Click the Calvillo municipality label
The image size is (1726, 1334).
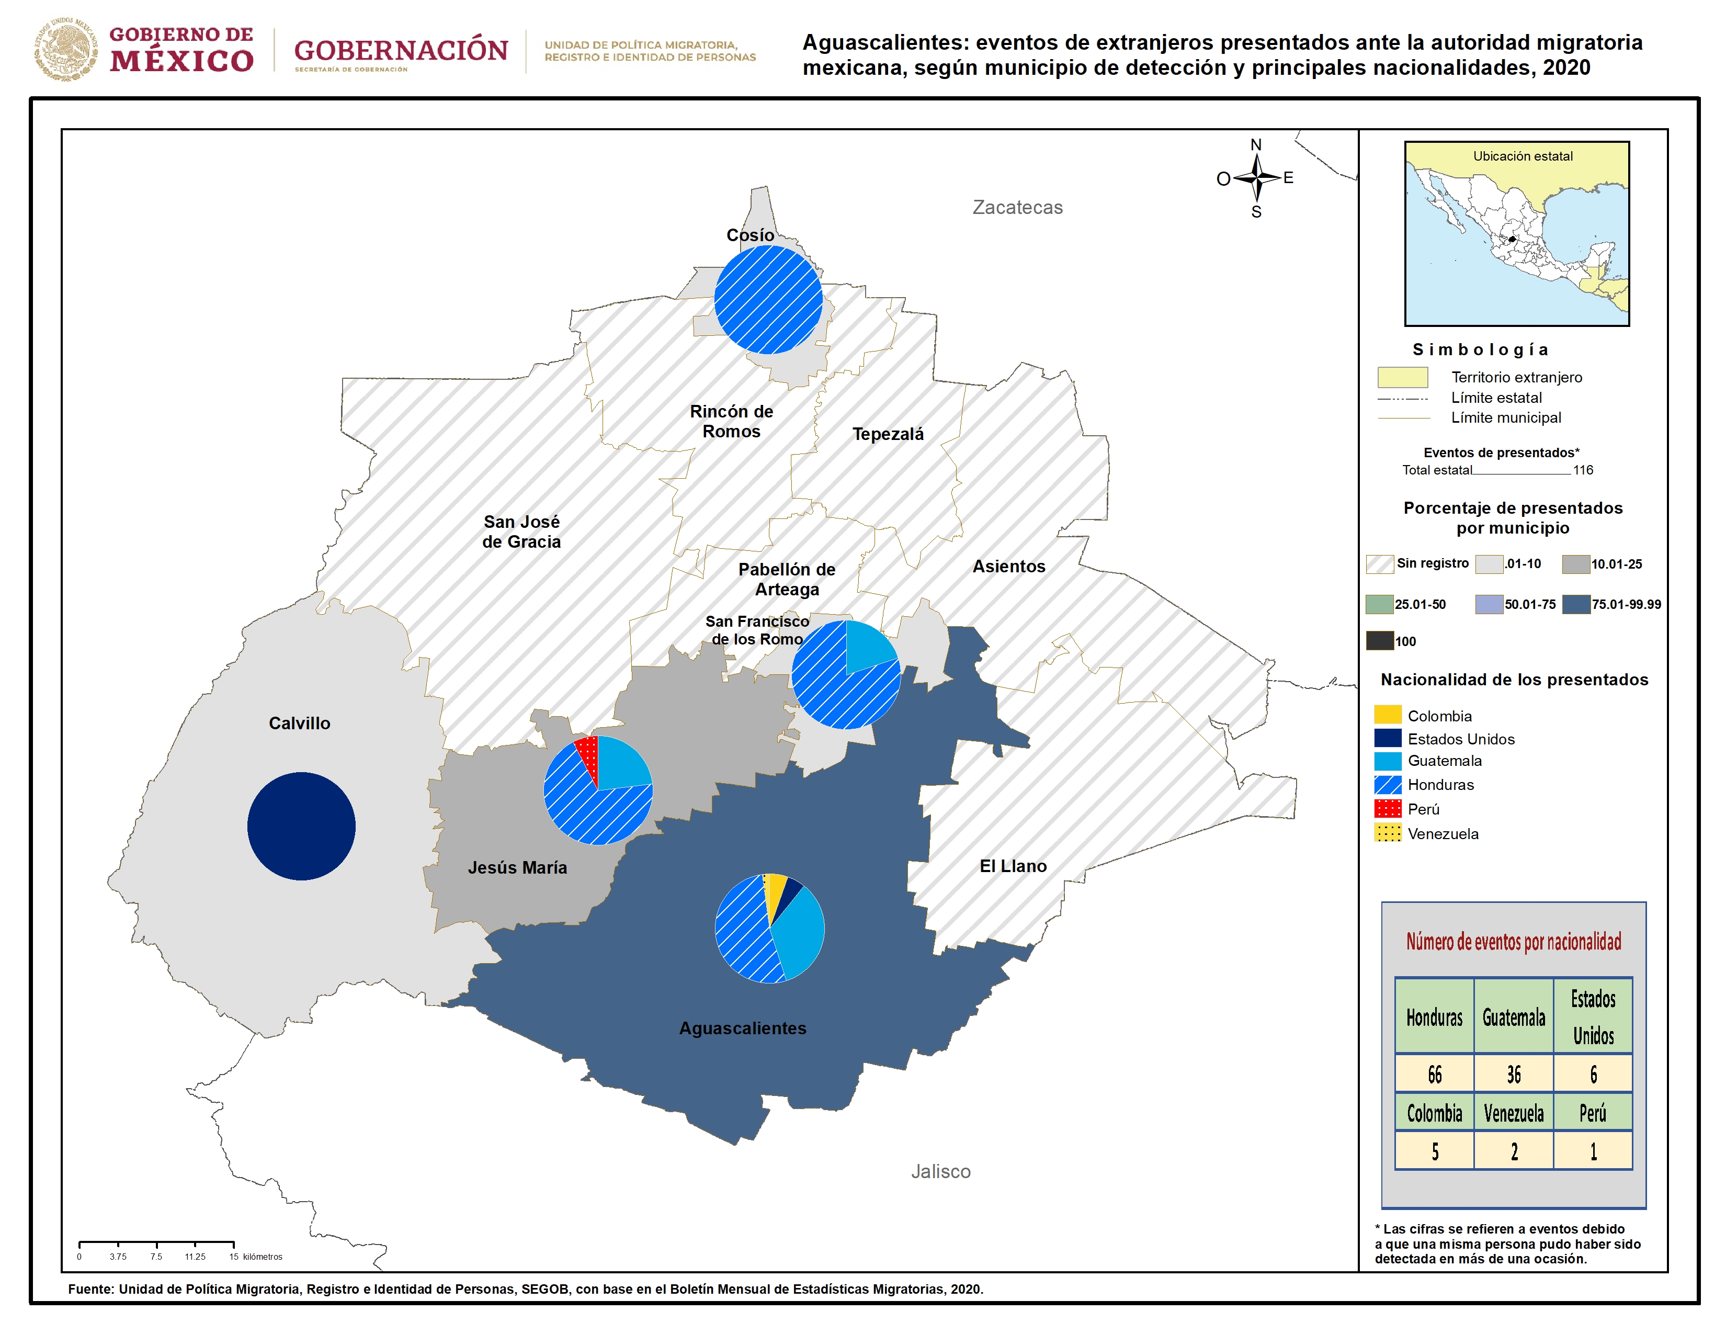300,723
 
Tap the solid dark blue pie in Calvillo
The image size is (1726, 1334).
301,826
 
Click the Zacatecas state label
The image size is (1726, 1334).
1017,207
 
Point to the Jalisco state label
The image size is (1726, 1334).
940,1171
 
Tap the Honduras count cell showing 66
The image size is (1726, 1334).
1434,1074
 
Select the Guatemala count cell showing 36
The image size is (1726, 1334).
1514,1074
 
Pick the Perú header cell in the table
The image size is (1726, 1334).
1593,1113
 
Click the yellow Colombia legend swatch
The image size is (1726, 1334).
1388,715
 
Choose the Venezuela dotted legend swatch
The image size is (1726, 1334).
1388,833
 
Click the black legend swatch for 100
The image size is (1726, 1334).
1380,641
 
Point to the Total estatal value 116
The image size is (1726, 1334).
1583,470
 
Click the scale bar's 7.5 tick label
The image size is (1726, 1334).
156,1257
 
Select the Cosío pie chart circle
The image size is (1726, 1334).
768,300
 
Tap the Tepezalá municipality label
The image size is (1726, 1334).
888,434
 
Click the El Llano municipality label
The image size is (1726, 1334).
1013,866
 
